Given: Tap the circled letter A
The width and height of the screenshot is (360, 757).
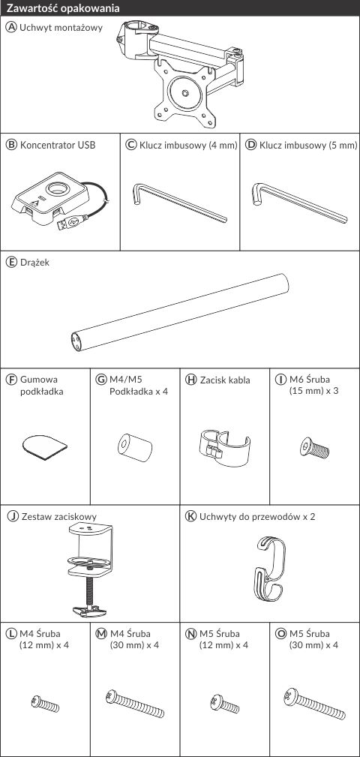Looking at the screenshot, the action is (x=11, y=27).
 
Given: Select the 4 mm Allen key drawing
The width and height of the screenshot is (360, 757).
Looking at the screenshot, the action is (x=178, y=203).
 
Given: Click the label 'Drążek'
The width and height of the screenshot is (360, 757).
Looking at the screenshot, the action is (x=34, y=263).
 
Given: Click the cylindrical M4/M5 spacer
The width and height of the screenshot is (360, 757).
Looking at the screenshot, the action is (x=135, y=446).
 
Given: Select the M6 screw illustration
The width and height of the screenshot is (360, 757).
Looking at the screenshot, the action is (x=315, y=448).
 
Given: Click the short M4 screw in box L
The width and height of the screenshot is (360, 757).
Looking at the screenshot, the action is (x=45, y=703).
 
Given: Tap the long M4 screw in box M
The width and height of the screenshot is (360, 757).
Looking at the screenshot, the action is (x=135, y=704).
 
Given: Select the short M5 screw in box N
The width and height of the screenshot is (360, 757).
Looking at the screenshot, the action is (x=224, y=704).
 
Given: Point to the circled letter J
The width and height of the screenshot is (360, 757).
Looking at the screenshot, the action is (x=13, y=516).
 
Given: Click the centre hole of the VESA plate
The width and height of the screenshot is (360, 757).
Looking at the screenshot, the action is (x=186, y=92).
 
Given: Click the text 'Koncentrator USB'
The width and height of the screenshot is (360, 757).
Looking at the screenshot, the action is (x=58, y=145).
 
